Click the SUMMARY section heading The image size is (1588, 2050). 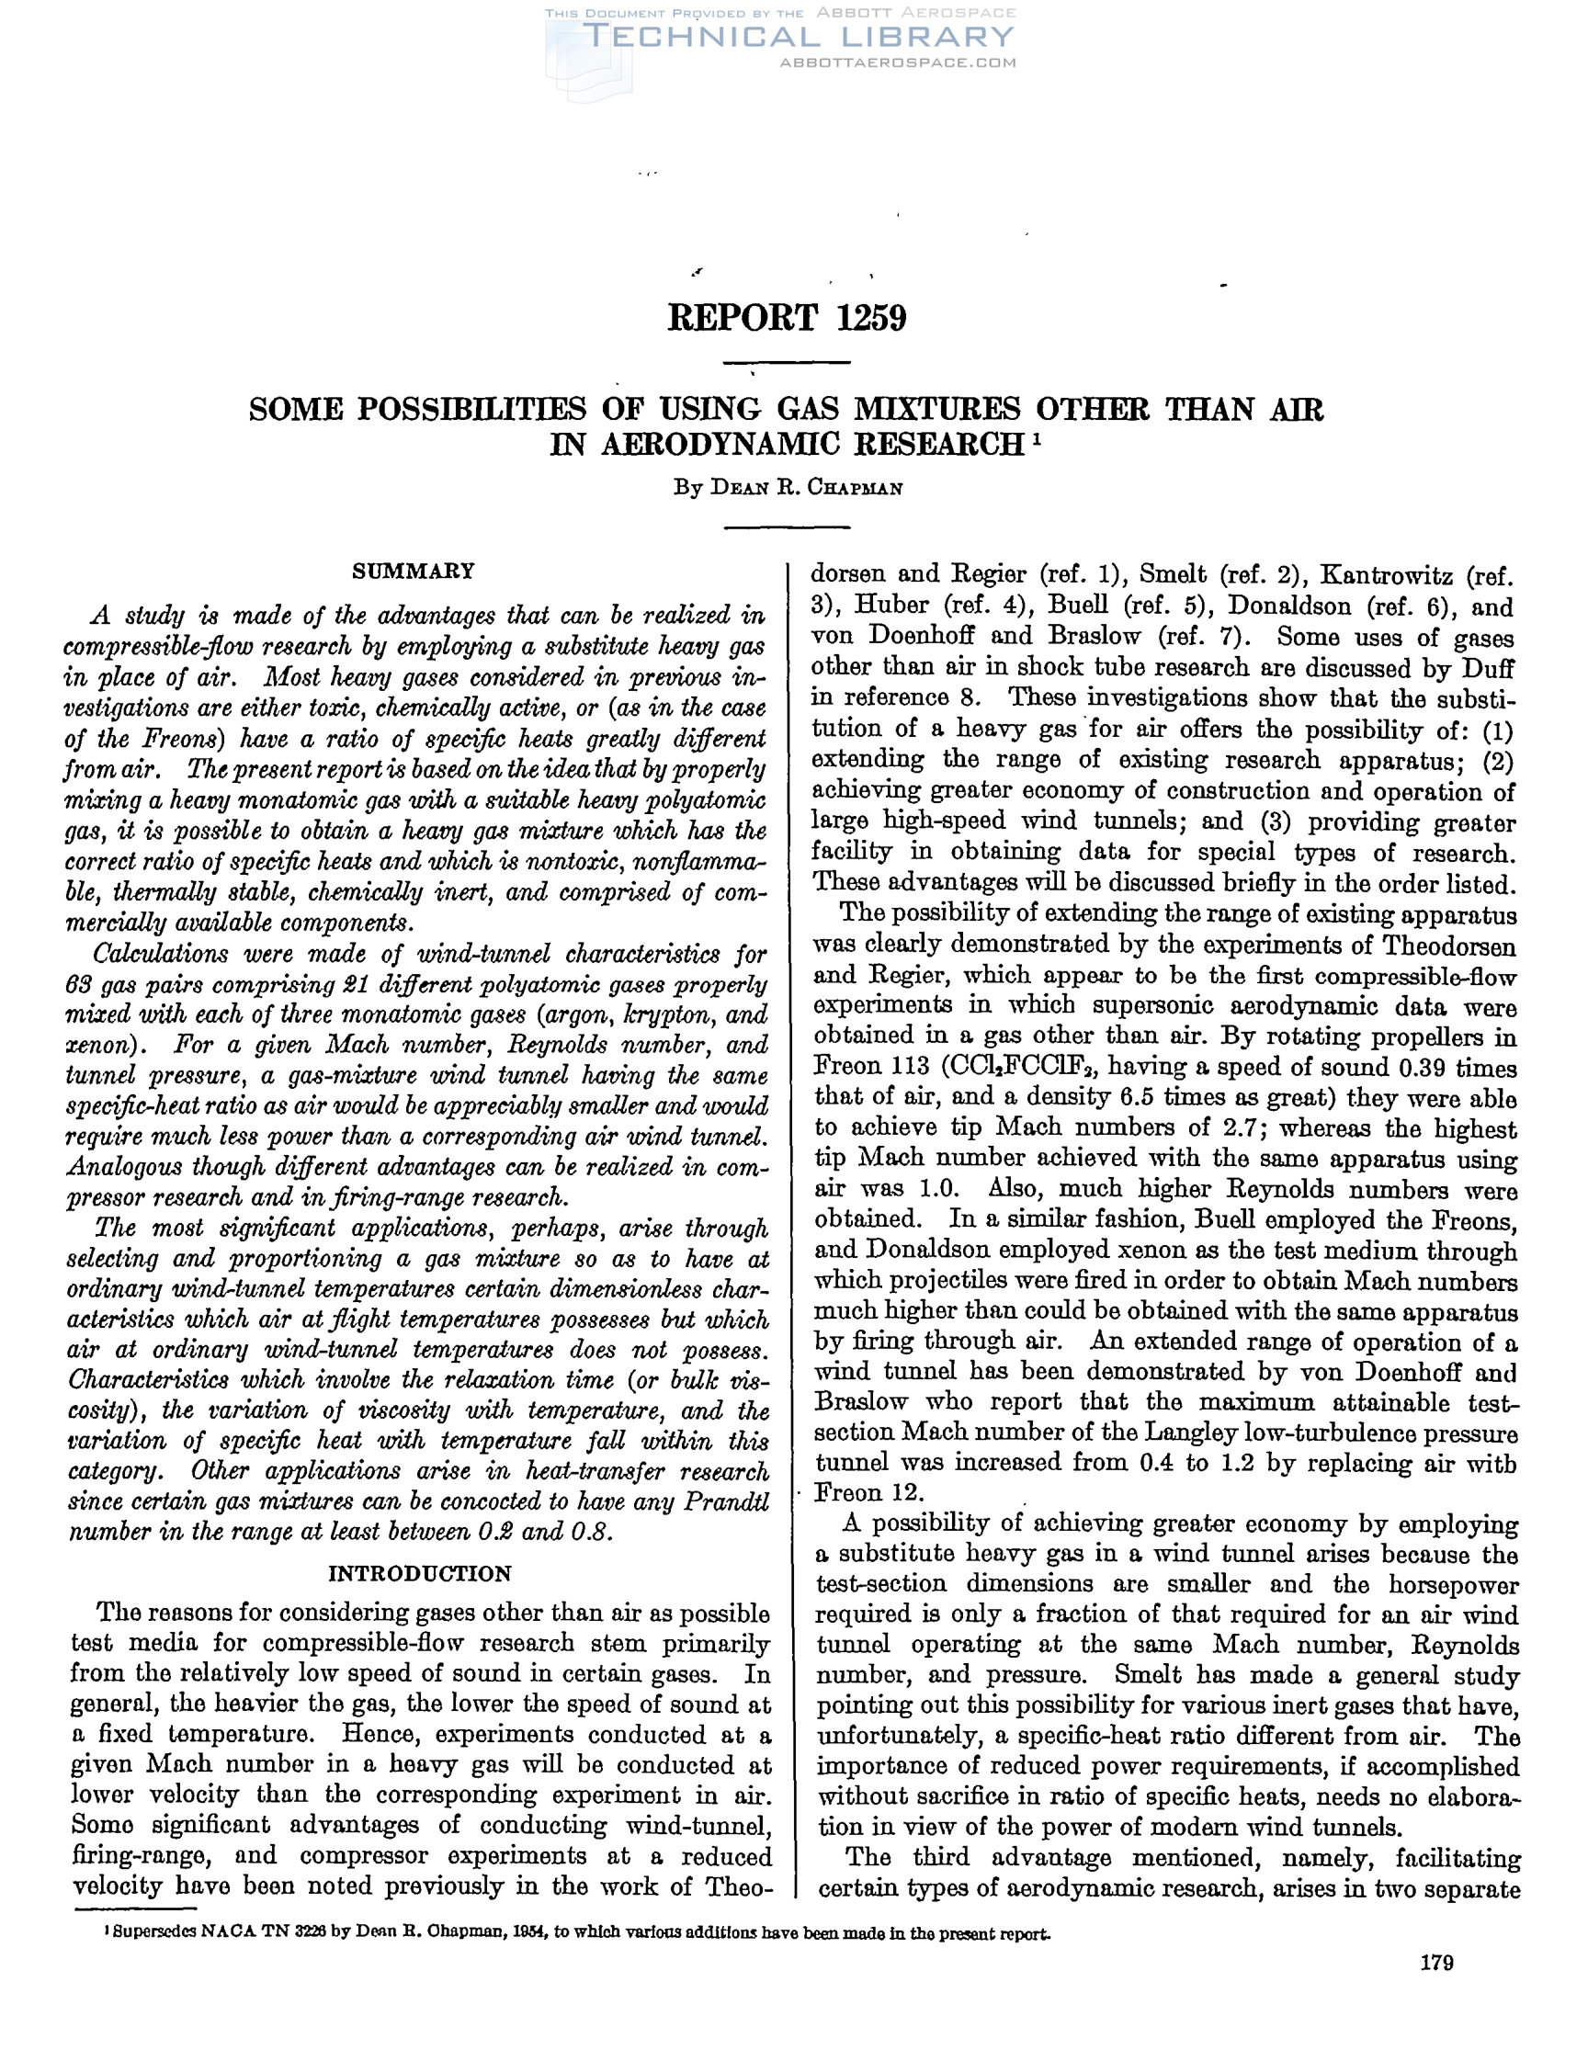[x=413, y=571]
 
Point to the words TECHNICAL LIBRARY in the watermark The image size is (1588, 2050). [x=798, y=37]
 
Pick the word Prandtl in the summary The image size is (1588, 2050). [x=726, y=1502]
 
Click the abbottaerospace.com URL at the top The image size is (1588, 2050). [x=898, y=62]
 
